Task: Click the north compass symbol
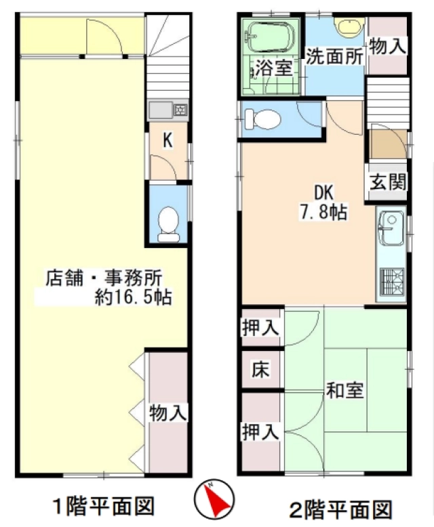click(x=214, y=499)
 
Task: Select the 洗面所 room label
click(x=334, y=56)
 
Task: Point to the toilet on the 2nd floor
click(x=262, y=119)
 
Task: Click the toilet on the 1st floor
click(x=168, y=224)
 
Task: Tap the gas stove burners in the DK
click(x=391, y=280)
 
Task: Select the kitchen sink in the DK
click(x=391, y=228)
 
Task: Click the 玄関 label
click(x=389, y=182)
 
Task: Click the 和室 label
click(x=344, y=390)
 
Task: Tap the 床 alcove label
click(x=260, y=369)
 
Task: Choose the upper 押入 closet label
click(x=260, y=327)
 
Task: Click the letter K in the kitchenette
click(x=168, y=140)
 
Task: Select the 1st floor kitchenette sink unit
click(x=168, y=110)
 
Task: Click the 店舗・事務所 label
click(x=104, y=278)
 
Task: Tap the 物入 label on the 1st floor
click(x=168, y=413)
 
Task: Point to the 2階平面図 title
click(x=341, y=509)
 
